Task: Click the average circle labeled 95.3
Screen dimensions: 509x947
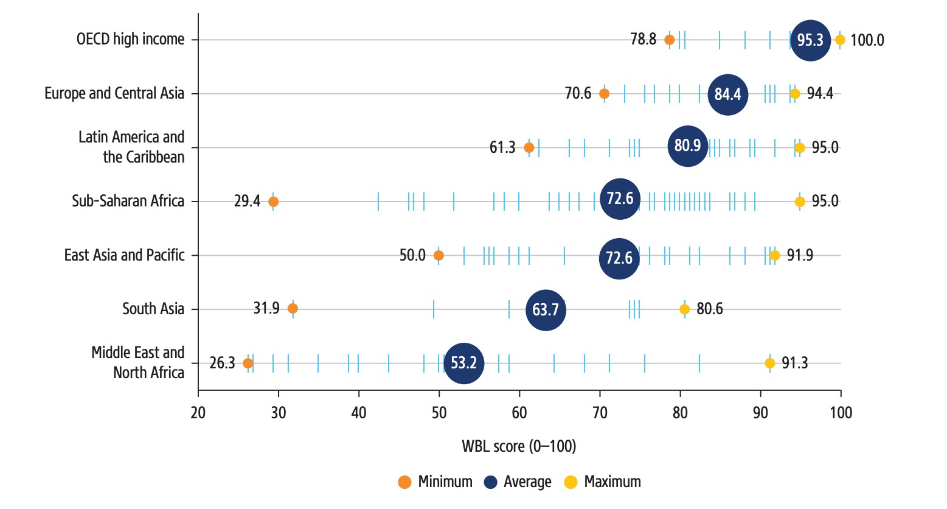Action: (x=810, y=40)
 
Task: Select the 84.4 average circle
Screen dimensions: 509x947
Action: (x=727, y=94)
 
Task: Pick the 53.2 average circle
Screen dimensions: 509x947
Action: (x=463, y=363)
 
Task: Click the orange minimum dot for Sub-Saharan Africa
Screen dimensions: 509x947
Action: (x=273, y=202)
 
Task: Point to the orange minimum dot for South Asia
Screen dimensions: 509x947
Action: (x=293, y=309)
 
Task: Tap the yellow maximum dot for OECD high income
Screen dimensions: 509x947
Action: (x=840, y=40)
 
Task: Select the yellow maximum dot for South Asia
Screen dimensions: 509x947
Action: (x=684, y=309)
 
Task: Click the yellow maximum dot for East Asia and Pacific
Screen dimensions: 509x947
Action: (x=775, y=255)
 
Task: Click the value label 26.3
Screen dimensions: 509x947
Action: (x=222, y=363)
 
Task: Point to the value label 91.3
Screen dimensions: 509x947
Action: (x=795, y=363)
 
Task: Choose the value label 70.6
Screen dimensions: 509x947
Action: (x=578, y=94)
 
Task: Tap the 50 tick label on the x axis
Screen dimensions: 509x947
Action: (x=439, y=413)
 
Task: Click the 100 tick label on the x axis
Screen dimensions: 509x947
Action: (x=841, y=413)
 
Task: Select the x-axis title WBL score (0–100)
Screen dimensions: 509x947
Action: (x=519, y=446)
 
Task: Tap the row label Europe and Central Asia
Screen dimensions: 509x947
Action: (x=114, y=94)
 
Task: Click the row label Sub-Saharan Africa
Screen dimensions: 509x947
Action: (x=128, y=202)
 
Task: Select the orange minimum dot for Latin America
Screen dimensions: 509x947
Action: (x=529, y=148)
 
